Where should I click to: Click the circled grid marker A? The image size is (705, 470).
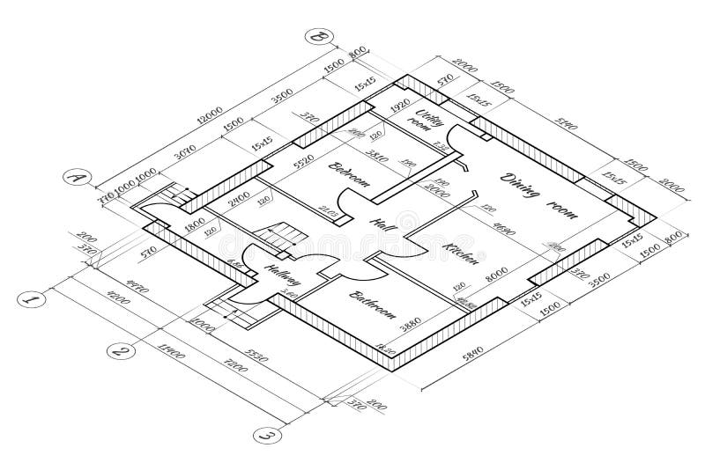click(77, 179)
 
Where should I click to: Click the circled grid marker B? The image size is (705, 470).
click(315, 37)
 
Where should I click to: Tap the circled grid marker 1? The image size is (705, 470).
click(32, 300)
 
